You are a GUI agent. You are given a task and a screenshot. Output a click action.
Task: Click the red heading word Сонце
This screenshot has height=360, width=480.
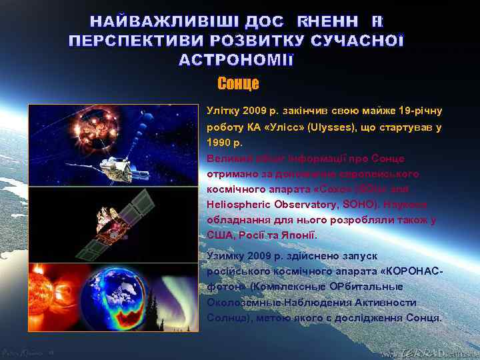click(238, 84)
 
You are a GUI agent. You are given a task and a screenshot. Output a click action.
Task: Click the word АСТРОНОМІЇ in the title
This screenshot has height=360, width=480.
click(237, 60)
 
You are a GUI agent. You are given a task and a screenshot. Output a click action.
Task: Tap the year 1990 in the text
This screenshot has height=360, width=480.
click(218, 143)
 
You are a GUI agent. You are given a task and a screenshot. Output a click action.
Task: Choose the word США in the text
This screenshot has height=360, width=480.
click(219, 235)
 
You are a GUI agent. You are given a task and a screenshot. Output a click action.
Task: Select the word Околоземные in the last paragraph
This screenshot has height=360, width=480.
click(243, 302)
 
